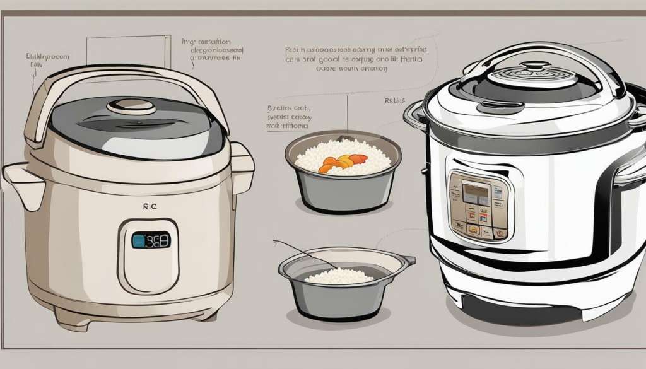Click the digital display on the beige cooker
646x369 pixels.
tap(150, 240)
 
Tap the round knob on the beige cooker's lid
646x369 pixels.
tap(131, 106)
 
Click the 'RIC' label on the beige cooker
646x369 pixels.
tap(150, 205)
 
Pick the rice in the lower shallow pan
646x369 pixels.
tap(339, 276)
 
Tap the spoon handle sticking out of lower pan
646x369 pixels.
tap(297, 249)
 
